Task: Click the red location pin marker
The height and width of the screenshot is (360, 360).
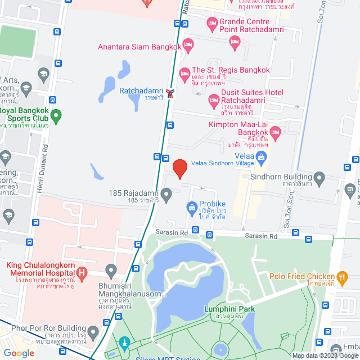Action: pos(179,169)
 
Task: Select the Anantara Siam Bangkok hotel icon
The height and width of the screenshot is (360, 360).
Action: pos(188,44)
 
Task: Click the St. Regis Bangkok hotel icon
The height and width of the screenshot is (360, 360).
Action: pos(184,74)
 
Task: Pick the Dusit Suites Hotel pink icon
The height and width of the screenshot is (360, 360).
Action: pos(214,101)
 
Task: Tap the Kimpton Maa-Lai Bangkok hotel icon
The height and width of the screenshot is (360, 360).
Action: pos(275,133)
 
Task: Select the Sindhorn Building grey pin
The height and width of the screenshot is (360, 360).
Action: pos(319,180)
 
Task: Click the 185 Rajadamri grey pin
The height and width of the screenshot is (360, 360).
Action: pos(166,196)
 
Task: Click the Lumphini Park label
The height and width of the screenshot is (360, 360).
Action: pos(229,309)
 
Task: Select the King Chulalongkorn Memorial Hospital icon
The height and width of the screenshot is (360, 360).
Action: pos(83,274)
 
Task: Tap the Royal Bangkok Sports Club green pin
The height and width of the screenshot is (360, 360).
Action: pos(55,117)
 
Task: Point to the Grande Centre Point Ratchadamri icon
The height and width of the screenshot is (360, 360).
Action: pos(212,23)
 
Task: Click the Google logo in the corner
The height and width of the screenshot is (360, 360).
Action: pos(19,353)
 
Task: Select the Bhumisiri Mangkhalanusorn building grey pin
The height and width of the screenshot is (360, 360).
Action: pos(111,272)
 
